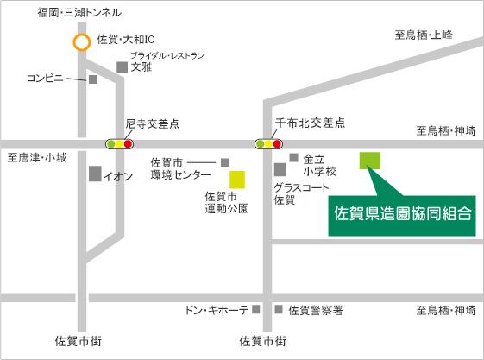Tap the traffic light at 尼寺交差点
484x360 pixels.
tap(119, 144)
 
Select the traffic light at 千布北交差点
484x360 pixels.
tap(268, 144)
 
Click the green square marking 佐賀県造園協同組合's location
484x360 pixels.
tap(370, 161)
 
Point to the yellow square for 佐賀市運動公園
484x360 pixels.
tap(237, 180)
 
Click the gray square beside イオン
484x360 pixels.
tap(95, 174)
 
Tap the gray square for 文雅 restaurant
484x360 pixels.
tap(123, 67)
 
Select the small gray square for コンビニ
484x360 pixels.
tap(93, 79)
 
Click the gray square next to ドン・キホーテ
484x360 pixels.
tap(256, 309)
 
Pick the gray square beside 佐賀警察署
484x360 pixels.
tap(279, 309)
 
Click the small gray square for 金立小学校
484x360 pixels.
tap(293, 158)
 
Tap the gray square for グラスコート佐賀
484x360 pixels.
tap(280, 169)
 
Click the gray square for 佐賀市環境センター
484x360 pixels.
tap(224, 162)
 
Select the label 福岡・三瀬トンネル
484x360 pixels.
tap(79, 13)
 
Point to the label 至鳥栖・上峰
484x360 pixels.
tap(424, 35)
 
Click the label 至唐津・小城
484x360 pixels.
tap(37, 158)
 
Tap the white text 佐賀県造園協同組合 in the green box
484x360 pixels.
tap(403, 213)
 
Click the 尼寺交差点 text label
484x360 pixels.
tap(152, 123)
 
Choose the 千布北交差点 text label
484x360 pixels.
tap(310, 123)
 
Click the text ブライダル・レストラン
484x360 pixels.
tap(167, 55)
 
